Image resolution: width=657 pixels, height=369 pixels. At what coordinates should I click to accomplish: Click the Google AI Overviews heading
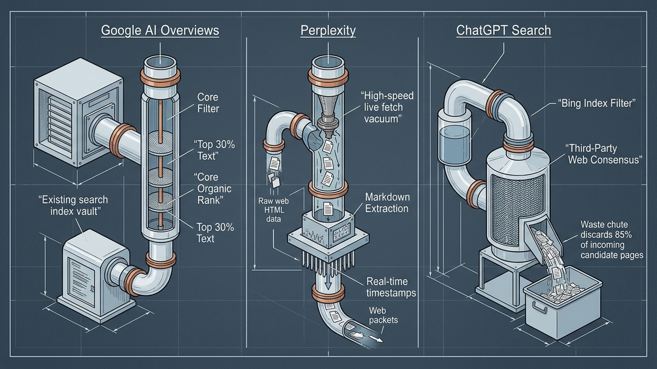160,30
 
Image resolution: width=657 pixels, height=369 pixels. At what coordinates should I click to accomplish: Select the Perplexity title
328,30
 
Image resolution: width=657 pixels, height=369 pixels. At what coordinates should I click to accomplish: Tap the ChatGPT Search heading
503,30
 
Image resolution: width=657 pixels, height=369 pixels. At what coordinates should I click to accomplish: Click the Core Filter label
208,103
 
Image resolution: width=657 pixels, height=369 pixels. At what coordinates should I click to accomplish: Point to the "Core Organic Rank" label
212,189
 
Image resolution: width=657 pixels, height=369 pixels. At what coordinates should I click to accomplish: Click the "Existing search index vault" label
74,205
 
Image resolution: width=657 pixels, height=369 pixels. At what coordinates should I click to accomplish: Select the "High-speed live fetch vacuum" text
387,107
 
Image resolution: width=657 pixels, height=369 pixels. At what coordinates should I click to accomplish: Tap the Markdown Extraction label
387,203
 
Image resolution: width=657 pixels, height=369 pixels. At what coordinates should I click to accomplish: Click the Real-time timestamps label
391,287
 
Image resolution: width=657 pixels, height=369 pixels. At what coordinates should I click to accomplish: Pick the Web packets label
384,315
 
